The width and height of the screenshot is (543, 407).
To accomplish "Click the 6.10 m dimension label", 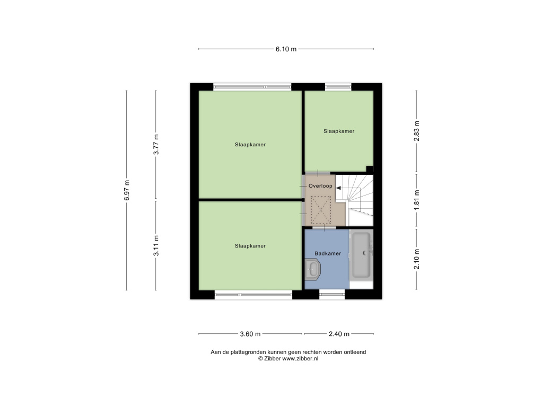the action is pos(286,49).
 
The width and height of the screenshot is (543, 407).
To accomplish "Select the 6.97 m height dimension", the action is pos(127,190).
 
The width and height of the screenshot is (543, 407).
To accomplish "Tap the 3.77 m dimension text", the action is pos(156,144).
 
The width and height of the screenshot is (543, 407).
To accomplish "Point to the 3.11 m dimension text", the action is pos(156,246).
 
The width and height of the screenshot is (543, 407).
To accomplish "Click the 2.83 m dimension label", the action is pos(417,131).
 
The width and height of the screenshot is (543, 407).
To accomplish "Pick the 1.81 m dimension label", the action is pos(417,200).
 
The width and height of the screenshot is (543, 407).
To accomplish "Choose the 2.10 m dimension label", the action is pos(417,259).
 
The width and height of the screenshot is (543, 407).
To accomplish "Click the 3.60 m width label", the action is pos(250,334).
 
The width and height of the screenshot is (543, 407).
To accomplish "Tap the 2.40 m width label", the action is pos(339,334).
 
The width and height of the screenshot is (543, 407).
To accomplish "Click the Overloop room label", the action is pos(320,186).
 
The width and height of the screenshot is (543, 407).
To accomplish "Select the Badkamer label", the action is pos(328,253).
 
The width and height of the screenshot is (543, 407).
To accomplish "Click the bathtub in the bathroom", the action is pos(362,255).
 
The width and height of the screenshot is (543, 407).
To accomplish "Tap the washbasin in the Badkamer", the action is pos(313,269).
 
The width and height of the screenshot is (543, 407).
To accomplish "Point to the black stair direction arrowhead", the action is pos(338,188).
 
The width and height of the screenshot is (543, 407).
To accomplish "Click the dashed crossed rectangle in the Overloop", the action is pos(321,210).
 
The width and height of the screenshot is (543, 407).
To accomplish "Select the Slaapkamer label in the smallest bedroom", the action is pos(339,131).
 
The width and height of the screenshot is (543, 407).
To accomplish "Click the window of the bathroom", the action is pos(332,295).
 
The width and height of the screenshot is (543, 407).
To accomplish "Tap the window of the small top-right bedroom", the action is pos(338,86).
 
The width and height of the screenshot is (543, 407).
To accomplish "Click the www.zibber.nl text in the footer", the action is pos(300,359).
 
